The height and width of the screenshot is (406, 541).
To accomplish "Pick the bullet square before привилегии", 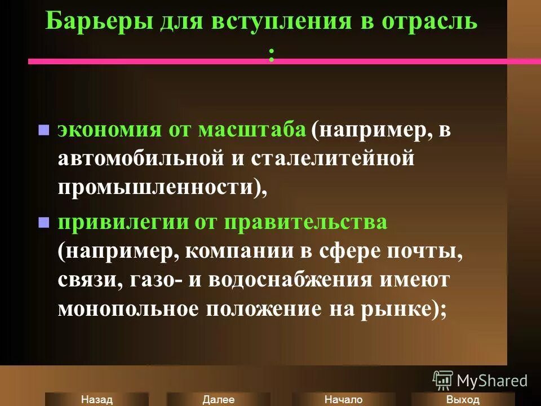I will pyautogui.click(x=43, y=222).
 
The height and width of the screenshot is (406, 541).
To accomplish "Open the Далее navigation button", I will pyautogui.click(x=218, y=399).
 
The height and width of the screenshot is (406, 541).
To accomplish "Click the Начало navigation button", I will pyautogui.click(x=343, y=399).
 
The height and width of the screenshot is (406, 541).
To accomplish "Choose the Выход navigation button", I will pyautogui.click(x=462, y=399).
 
